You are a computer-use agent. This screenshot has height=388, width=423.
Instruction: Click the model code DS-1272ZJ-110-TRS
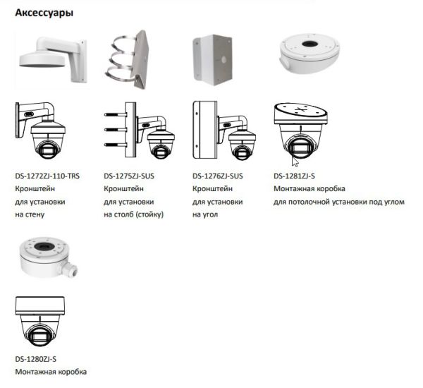point(47,176)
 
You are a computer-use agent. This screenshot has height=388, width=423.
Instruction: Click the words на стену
point(30,214)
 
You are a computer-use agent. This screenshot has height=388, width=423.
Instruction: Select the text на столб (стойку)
point(133,214)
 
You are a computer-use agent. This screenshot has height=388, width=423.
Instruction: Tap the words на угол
point(205,214)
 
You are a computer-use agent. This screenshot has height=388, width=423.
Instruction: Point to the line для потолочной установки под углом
point(339,202)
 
